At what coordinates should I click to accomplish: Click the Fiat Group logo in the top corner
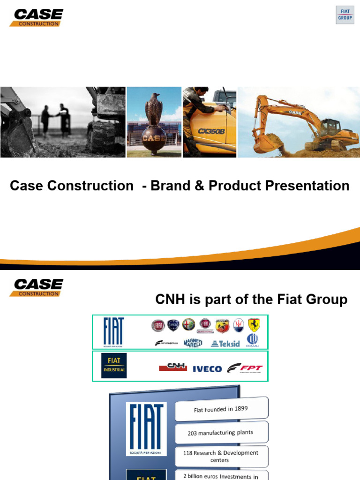click(x=345, y=15)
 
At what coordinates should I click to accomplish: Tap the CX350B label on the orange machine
click(x=211, y=131)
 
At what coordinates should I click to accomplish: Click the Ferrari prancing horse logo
click(x=254, y=325)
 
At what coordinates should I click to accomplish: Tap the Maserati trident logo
click(x=238, y=325)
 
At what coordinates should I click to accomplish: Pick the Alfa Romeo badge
click(x=188, y=325)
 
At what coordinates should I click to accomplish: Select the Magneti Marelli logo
click(x=193, y=343)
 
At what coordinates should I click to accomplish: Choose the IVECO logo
click(x=207, y=368)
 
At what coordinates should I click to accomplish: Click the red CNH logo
click(x=173, y=367)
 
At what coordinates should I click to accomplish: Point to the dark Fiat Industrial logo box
click(x=114, y=366)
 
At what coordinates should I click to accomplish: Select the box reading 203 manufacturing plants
click(x=222, y=433)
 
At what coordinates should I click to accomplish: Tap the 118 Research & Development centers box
click(x=222, y=456)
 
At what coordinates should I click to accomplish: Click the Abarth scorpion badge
click(x=222, y=325)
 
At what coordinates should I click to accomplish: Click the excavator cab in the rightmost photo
click(x=330, y=127)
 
